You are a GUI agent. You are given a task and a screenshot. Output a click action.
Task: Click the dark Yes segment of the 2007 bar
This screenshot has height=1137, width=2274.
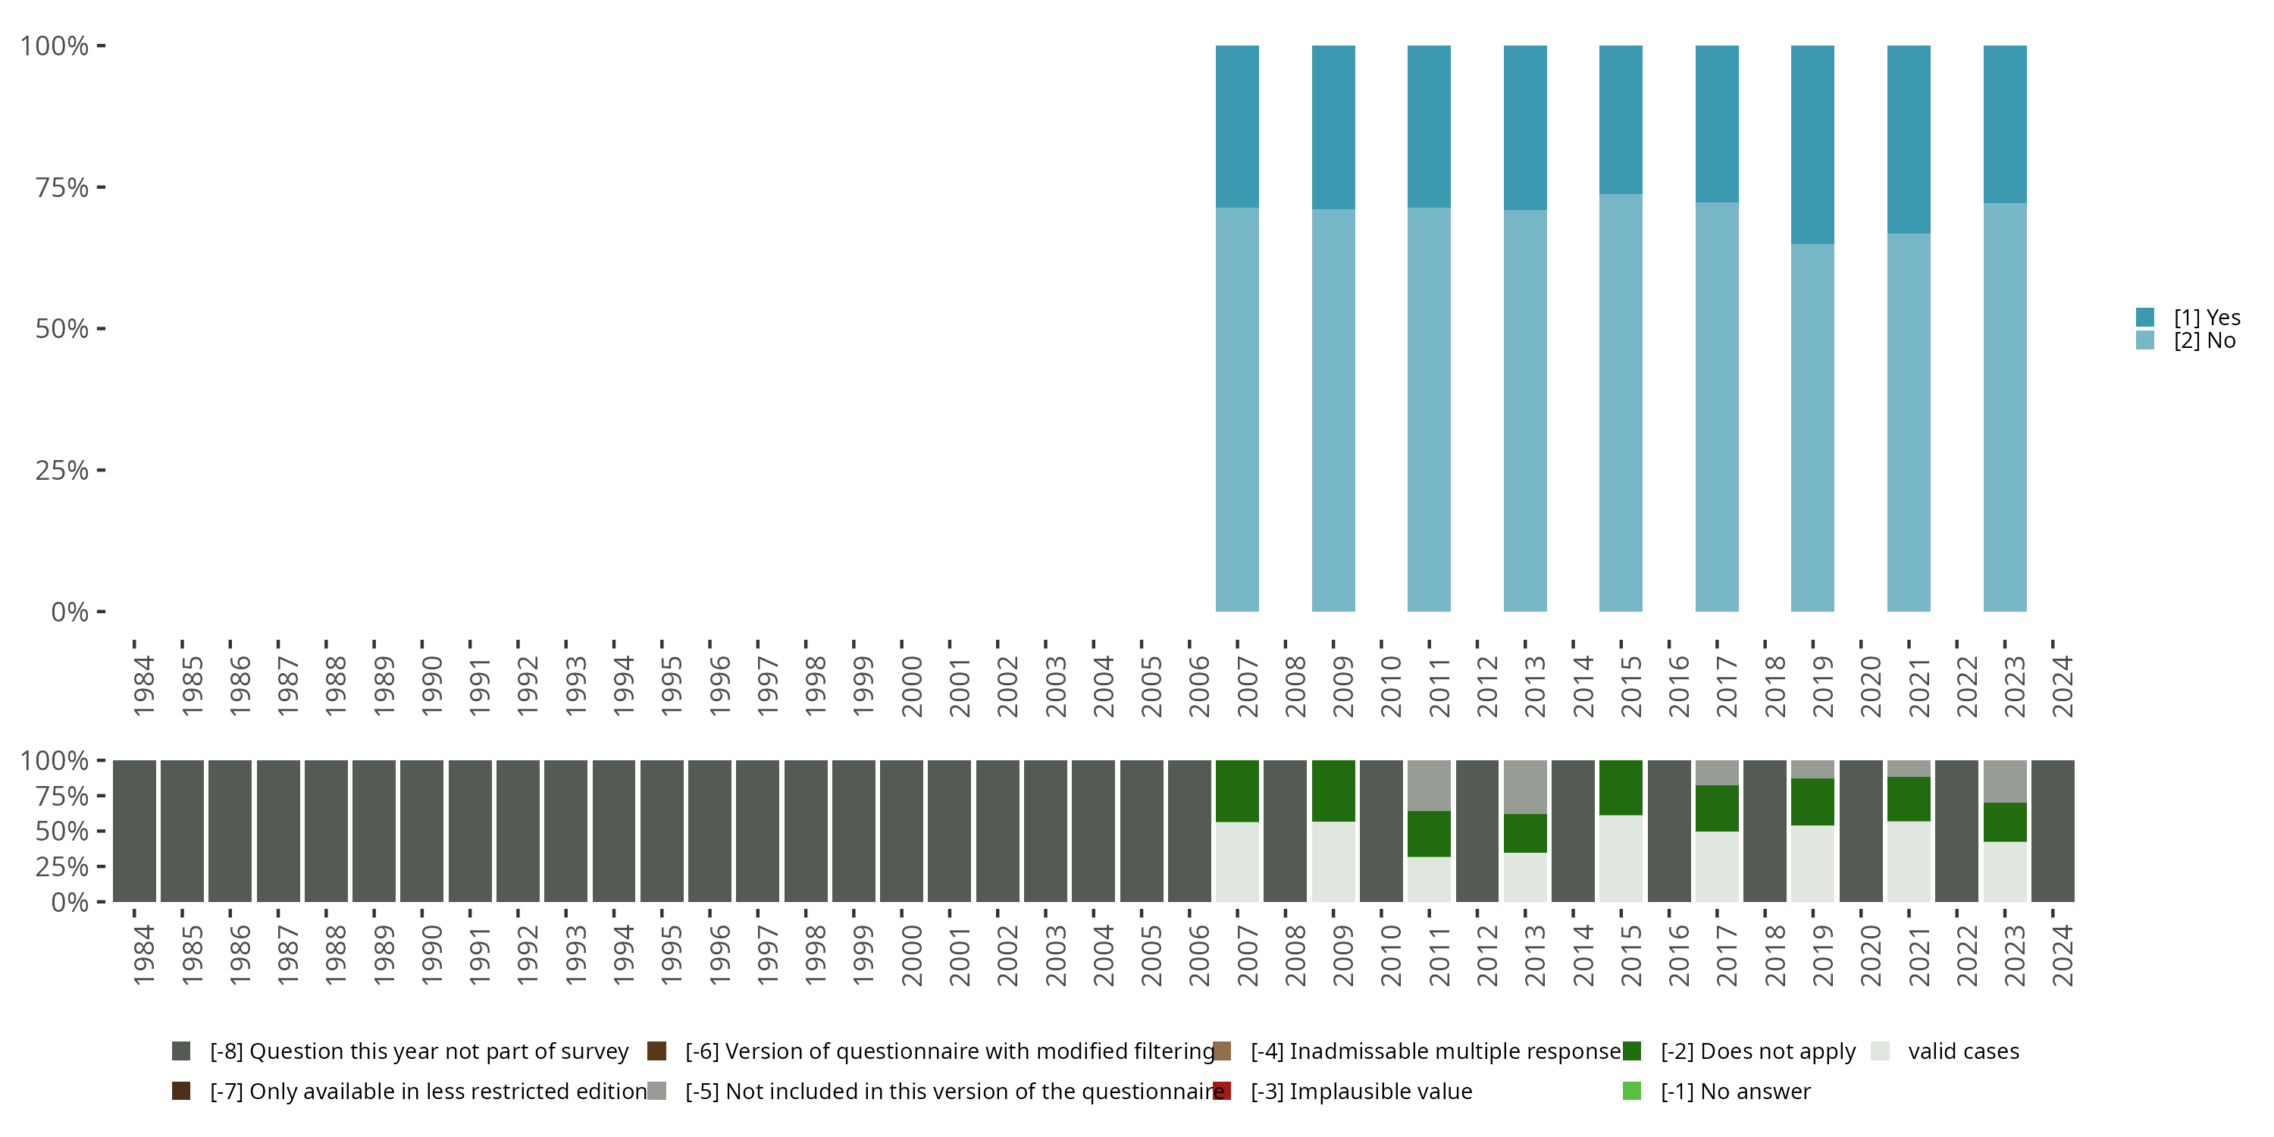pyautogui.click(x=1237, y=127)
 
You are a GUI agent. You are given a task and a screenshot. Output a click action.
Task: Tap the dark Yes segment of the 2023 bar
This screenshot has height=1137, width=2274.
pyautogui.click(x=2005, y=124)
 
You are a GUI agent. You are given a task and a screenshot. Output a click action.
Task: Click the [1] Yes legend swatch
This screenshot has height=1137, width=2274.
pyautogui.click(x=2145, y=317)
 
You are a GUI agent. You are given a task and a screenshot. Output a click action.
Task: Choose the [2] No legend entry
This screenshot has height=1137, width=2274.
pyautogui.click(x=2204, y=341)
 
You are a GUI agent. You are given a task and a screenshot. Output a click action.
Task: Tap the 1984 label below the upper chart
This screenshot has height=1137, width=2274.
pyautogui.click(x=143, y=686)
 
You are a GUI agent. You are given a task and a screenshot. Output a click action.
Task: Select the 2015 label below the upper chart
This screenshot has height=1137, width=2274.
pyautogui.click(x=1630, y=686)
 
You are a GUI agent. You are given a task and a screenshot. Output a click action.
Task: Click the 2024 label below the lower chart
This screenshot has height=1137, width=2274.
pyautogui.click(x=2061, y=955)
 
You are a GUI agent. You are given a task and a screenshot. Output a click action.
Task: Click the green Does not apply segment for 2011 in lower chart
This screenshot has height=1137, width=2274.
pyautogui.click(x=1428, y=833)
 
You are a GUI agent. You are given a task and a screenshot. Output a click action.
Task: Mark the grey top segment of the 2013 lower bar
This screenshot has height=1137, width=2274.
pyautogui.click(x=1524, y=787)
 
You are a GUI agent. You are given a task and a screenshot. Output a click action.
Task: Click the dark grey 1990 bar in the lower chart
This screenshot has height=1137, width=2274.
pyautogui.click(x=421, y=831)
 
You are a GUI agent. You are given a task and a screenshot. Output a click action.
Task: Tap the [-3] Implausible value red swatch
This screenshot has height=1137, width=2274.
pyautogui.click(x=1222, y=1091)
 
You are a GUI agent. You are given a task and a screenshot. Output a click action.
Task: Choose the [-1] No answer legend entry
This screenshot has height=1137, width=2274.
pyautogui.click(x=1734, y=1091)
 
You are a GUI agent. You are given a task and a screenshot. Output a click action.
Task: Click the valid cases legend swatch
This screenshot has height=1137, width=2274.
pyautogui.click(x=1881, y=1051)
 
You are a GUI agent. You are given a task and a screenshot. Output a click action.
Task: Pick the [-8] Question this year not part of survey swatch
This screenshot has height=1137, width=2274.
pyautogui.click(x=181, y=1051)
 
